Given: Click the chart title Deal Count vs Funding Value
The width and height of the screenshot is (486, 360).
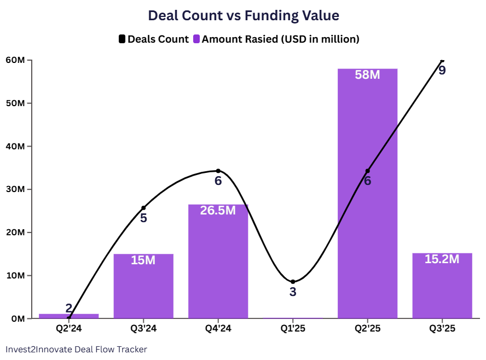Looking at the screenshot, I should point(244,16).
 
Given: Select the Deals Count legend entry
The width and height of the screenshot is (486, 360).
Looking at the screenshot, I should point(154,39).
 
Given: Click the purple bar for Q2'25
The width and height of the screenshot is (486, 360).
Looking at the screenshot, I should point(367,219).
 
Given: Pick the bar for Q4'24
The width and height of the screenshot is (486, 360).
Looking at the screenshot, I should point(218,263).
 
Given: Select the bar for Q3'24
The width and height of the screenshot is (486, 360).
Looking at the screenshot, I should point(143,287).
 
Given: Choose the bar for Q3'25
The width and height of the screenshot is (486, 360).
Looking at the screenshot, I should point(442,287).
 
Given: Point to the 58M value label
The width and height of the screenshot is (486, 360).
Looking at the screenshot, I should point(367,75).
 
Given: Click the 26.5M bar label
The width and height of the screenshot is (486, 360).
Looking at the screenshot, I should point(218,210).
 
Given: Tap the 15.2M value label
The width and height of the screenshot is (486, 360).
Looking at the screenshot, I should point(442,259).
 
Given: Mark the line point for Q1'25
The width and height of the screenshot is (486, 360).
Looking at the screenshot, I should point(293,282).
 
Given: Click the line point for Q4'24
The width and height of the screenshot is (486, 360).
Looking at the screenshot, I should point(218,171).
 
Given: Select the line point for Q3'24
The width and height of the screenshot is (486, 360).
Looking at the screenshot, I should point(143,208).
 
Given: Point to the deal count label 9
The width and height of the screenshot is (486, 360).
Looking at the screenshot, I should point(442,71).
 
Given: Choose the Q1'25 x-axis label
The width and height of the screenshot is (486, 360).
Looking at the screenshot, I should point(293,329).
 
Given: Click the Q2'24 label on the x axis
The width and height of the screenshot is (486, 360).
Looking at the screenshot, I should point(68,329).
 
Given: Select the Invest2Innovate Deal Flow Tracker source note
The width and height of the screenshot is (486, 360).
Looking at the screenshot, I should point(76,349).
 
